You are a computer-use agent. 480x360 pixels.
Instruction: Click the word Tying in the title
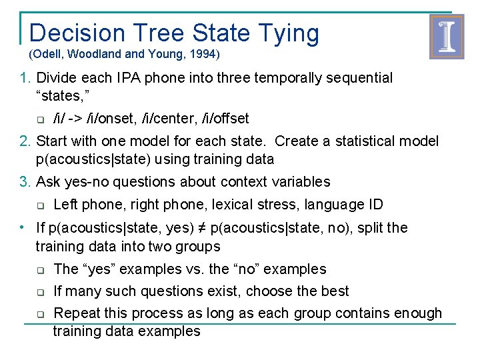287,33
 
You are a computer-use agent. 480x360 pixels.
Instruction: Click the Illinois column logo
446,37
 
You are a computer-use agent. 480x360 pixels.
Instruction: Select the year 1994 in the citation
205,53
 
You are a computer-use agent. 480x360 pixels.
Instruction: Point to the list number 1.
25,78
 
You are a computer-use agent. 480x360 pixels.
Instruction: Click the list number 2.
25,141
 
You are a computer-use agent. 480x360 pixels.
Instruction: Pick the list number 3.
25,182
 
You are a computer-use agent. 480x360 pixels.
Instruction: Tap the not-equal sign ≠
200,228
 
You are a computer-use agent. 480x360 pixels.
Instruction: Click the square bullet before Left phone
40,205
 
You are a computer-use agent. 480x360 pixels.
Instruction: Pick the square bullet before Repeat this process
40,314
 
